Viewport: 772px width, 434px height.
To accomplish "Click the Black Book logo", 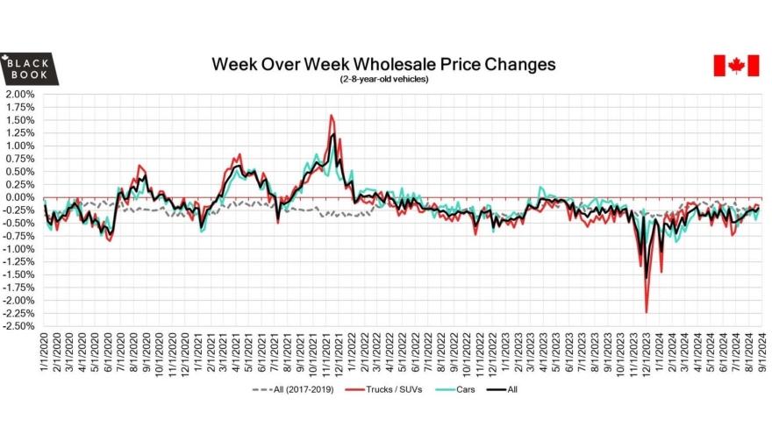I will point(30,68).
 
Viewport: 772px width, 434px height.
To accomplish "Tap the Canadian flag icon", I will point(735,66).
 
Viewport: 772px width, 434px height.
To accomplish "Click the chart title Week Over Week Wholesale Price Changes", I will point(383,65).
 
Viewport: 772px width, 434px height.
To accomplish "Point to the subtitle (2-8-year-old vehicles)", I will point(384,80).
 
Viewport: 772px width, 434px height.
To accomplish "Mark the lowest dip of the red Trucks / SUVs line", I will point(647,312).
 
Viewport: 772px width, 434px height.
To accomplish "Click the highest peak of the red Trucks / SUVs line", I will point(331,115).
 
